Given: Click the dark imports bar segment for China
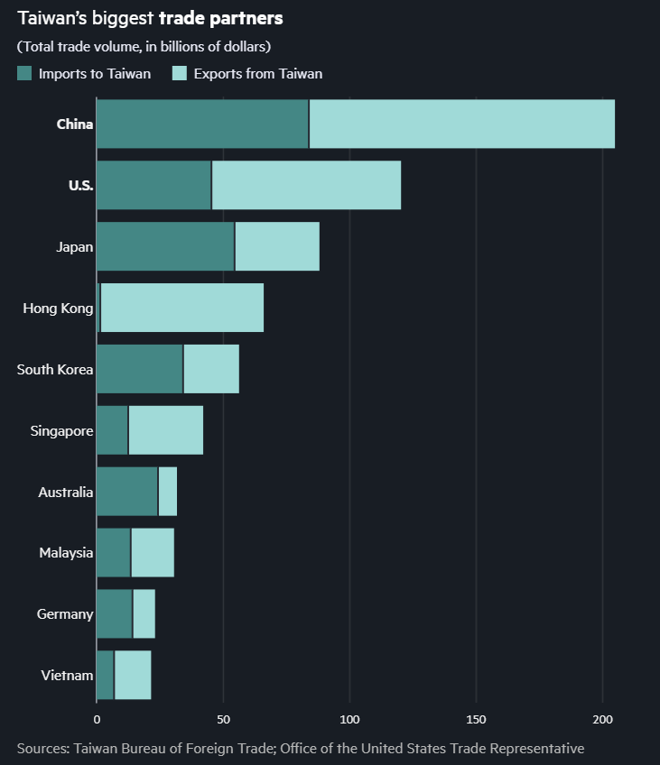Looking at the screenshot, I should click(202, 124).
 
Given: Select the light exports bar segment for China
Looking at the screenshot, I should click(461, 124).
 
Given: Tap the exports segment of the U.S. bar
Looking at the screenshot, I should click(306, 185).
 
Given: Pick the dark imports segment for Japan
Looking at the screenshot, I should click(165, 246).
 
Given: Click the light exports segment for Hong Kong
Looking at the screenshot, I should click(182, 308).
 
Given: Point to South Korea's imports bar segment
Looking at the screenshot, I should click(140, 369).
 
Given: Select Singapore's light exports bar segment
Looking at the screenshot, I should click(166, 430).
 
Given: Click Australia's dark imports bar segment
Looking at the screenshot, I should click(127, 492).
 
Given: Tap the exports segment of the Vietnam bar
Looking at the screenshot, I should click(133, 675).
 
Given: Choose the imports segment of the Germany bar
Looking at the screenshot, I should click(115, 613).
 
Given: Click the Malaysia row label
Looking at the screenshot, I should click(66, 553).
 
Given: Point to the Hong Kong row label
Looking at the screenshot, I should click(58, 309).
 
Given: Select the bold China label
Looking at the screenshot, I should click(74, 124).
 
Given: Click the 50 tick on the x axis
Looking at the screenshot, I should click(223, 720).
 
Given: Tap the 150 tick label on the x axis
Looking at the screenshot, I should click(476, 720).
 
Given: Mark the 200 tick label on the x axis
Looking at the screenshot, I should click(602, 720).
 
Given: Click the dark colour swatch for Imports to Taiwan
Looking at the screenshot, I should click(24, 73).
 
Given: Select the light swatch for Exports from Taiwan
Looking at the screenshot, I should click(179, 73).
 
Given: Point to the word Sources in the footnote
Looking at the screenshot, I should click(42, 748).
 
